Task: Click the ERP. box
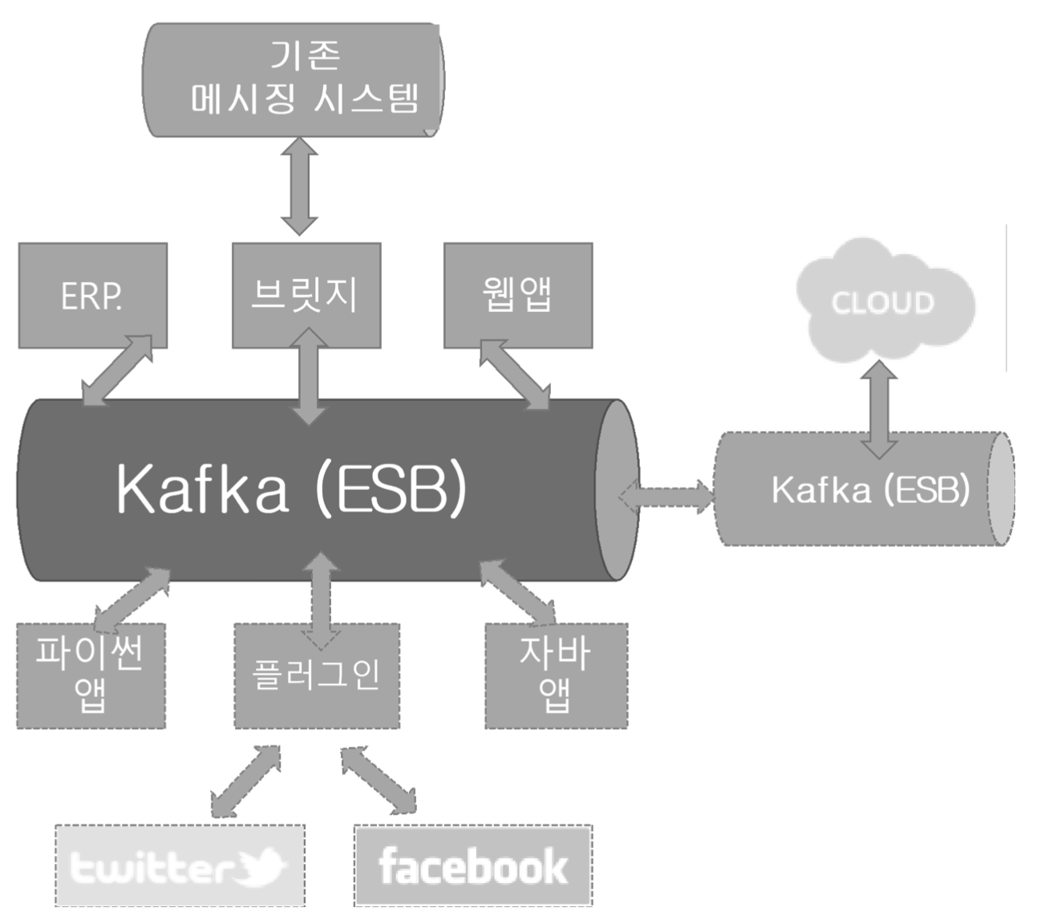tap(92, 296)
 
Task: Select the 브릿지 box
tap(306, 296)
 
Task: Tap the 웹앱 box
tap(517, 296)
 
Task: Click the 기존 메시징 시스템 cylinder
tap(293, 80)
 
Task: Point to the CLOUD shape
tap(883, 302)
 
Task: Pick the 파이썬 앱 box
tap(91, 675)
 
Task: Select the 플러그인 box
tap(316, 675)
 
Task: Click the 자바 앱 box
tap(556, 675)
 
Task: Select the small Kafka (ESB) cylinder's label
tap(870, 489)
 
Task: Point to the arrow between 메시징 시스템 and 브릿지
tap(299, 186)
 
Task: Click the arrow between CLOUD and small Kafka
tap(881, 409)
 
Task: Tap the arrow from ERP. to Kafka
tap(118, 370)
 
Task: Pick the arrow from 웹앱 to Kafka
tap(515, 375)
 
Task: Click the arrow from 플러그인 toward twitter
tap(245, 780)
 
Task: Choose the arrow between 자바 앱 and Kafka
tap(518, 592)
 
